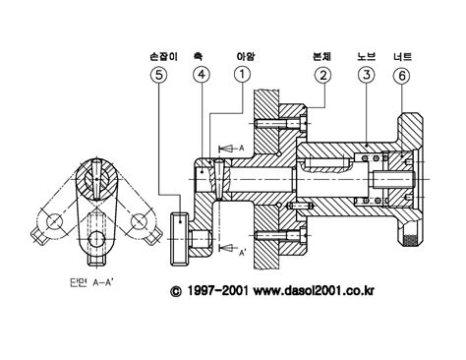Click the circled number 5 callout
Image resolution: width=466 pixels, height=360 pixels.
[158, 75]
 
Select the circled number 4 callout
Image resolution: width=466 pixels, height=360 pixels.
[202, 75]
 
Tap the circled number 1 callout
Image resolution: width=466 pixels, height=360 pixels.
[242, 75]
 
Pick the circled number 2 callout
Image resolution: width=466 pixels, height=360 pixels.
[322, 76]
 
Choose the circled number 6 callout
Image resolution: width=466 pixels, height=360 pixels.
[402, 76]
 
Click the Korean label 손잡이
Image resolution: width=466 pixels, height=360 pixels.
[163, 57]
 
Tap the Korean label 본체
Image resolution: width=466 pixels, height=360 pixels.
[321, 57]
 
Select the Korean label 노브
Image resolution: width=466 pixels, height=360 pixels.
[366, 57]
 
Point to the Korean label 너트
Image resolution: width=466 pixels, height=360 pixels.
[403, 57]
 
